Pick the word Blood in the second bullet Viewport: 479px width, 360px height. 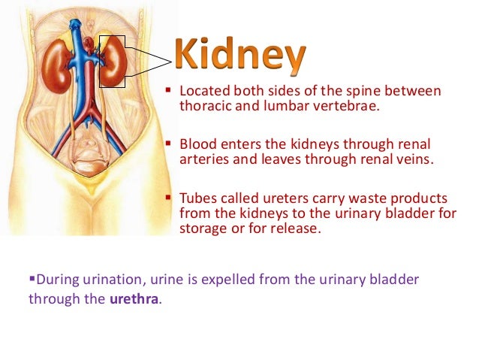pyautogui.click(x=197, y=144)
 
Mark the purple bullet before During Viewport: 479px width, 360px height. pyautogui.click(x=32, y=279)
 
